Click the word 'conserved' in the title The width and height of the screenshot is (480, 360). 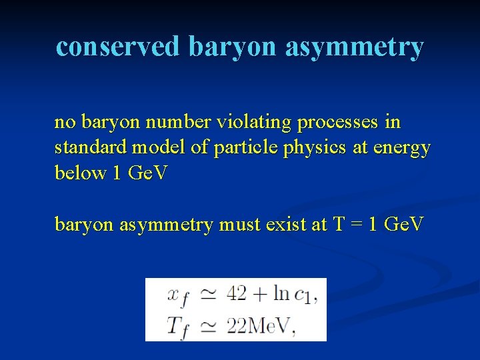[118, 47]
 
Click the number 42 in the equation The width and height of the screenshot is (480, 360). [237, 293]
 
